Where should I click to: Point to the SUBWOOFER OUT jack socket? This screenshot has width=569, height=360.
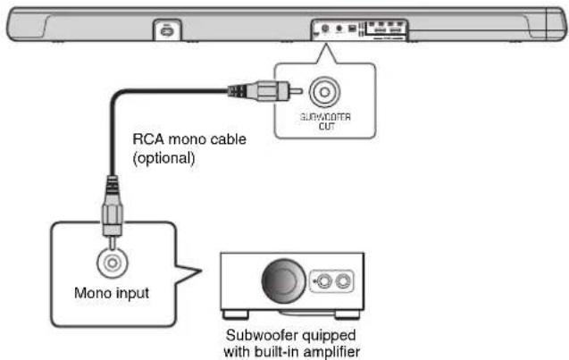point(322,91)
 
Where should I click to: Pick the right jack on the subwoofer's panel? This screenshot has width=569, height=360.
point(346,281)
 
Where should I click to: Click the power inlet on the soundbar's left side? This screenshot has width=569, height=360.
point(164,29)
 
